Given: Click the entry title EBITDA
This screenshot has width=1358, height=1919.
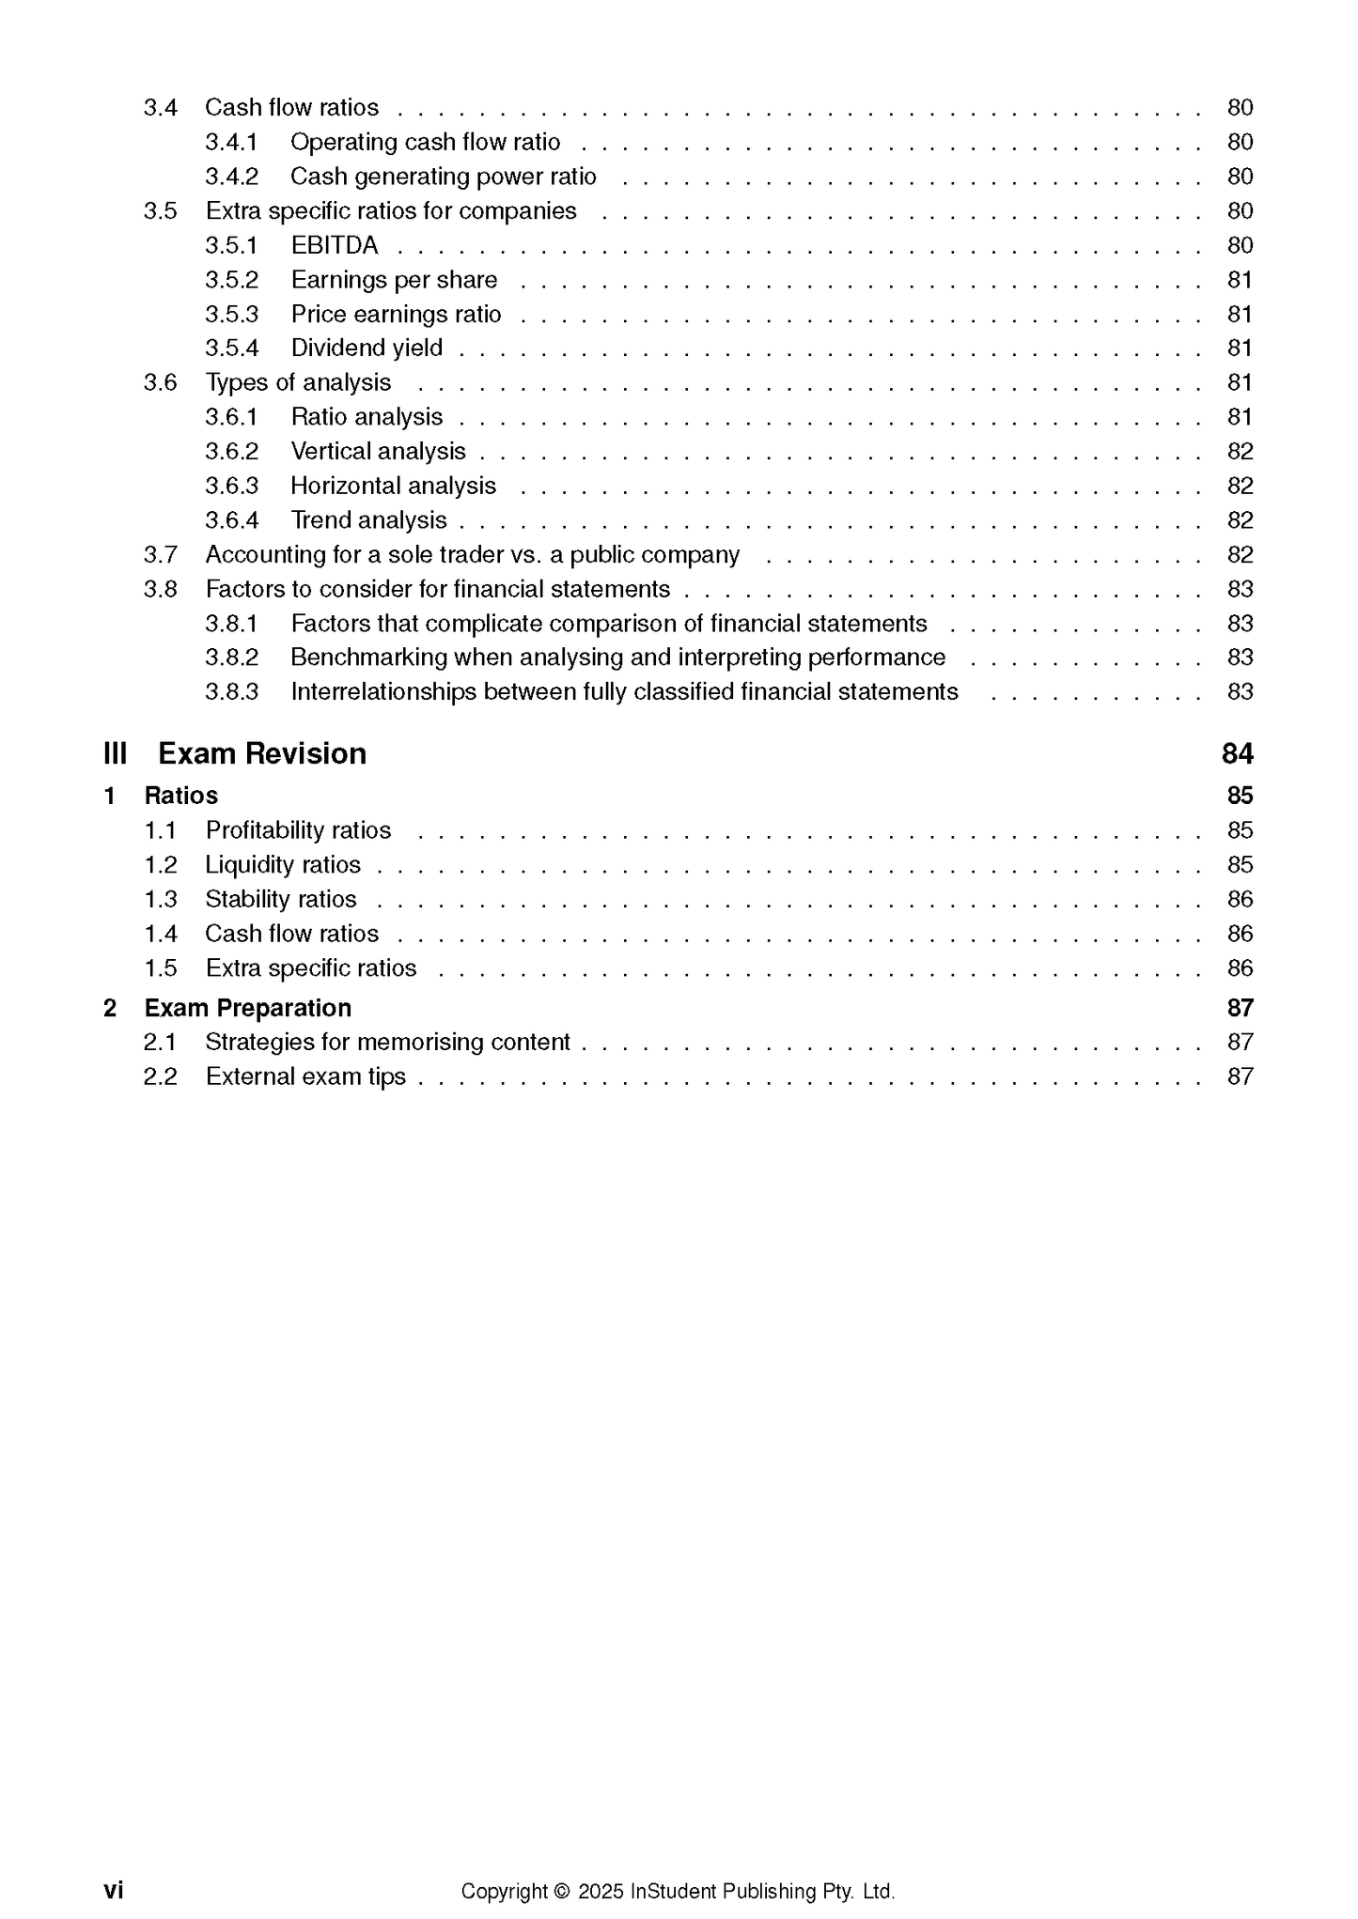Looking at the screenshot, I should click(334, 245).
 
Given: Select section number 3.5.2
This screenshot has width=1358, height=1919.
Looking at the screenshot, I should click(231, 280).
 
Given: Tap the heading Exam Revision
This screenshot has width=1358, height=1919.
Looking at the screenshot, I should click(261, 753).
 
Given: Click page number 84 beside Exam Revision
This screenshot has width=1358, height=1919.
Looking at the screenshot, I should click(1237, 753).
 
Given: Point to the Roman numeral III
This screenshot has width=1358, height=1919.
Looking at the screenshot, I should click(115, 753).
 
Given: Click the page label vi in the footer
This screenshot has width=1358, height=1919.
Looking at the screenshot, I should click(113, 1890).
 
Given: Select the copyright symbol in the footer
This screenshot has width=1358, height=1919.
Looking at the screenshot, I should click(562, 1891).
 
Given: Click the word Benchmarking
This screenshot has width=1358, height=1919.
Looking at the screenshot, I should click(369, 658).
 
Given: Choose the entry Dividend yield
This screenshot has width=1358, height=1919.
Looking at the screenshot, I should click(367, 348).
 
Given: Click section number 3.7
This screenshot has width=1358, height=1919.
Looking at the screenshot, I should click(160, 555).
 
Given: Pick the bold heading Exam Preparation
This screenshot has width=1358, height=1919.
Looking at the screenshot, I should click(247, 1008).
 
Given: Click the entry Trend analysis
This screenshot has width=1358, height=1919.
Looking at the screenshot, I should click(368, 520).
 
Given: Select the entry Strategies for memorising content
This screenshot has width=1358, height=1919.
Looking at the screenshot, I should click(387, 1042).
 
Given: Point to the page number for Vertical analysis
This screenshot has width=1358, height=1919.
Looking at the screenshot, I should click(1240, 452).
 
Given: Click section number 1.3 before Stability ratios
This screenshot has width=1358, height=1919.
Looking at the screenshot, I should click(160, 900).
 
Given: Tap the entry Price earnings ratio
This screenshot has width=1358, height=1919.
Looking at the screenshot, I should click(396, 315).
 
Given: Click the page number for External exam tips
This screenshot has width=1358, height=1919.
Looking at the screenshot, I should click(1240, 1076).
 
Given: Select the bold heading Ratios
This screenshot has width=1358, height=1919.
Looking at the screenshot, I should click(180, 796).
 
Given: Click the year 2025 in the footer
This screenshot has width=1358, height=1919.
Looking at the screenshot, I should click(601, 1891).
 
